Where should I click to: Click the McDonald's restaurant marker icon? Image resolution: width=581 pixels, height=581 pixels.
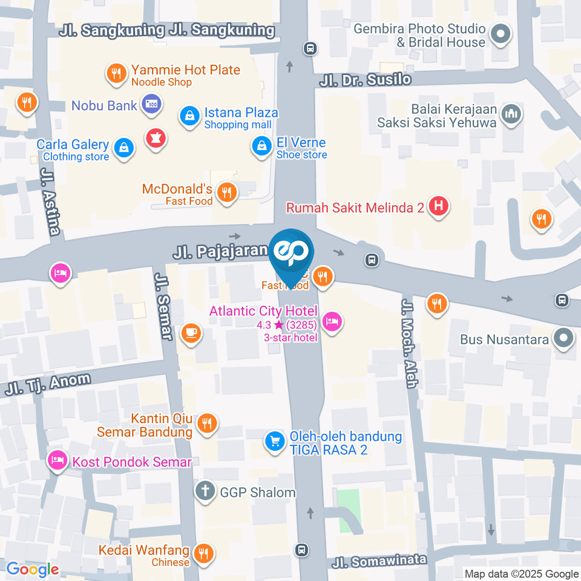227,192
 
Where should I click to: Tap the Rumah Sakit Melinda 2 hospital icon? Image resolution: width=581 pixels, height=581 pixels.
438,207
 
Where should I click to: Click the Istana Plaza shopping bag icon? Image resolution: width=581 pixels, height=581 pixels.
190,116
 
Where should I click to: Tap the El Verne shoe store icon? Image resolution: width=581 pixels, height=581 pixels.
261,145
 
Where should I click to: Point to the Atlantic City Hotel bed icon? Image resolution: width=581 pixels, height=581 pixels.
331,321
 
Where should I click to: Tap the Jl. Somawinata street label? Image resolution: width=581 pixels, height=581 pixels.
379,561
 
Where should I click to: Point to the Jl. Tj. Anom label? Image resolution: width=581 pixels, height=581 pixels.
48,385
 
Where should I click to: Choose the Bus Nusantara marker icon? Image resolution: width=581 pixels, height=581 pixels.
564,339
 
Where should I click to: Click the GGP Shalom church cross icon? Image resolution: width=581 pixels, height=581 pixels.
205,491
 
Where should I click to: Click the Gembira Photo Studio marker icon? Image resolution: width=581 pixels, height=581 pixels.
501,34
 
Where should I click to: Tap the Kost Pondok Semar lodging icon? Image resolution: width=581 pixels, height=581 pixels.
58,461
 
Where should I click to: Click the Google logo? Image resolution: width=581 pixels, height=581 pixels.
33,570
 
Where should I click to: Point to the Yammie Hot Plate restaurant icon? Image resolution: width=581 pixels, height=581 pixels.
116,74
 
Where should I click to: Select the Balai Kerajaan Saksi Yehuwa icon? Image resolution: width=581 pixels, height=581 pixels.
511,114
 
